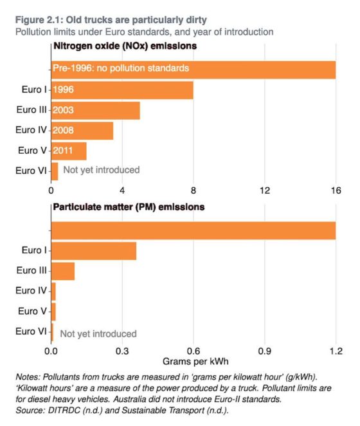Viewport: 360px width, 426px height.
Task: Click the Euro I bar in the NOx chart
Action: click(122, 90)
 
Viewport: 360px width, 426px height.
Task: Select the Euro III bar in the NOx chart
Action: click(95, 110)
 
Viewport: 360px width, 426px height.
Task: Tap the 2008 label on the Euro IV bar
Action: click(64, 131)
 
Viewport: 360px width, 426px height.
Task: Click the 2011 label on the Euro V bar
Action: click(63, 151)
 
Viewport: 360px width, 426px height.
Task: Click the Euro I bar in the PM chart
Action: click(94, 250)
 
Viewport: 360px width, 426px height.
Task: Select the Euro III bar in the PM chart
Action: click(63, 271)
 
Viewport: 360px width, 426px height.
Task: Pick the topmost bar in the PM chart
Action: click(193, 230)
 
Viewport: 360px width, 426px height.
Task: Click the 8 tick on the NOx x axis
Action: click(193, 190)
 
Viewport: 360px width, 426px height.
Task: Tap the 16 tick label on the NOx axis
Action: click(335, 190)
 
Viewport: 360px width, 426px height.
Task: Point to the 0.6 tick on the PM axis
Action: click(193, 351)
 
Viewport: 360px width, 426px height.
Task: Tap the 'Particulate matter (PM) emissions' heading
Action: click(129, 207)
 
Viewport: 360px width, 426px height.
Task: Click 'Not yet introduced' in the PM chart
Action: click(98, 333)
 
